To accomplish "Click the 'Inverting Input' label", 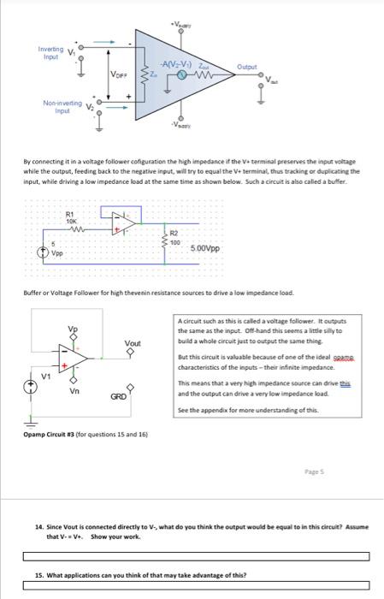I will click(49, 52).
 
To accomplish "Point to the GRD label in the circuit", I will click(119, 396).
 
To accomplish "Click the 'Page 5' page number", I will click(314, 472).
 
